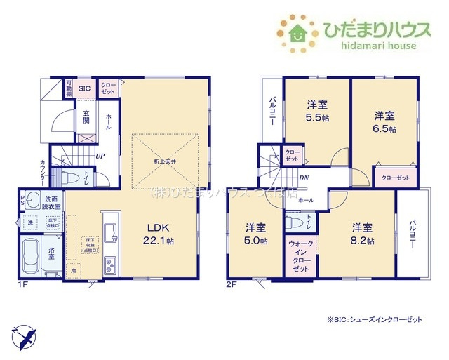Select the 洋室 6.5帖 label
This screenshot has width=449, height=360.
(x=384, y=121)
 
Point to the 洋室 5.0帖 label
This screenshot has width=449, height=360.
(x=255, y=234)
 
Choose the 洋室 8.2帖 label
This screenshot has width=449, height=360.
(x=362, y=234)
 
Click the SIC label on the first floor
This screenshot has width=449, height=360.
(x=84, y=88)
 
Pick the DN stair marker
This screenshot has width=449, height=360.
(x=304, y=178)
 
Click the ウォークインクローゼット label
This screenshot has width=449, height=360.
(x=301, y=256)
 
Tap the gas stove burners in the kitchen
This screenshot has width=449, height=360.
(x=112, y=265)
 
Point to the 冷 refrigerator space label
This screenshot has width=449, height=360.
(x=72, y=270)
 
